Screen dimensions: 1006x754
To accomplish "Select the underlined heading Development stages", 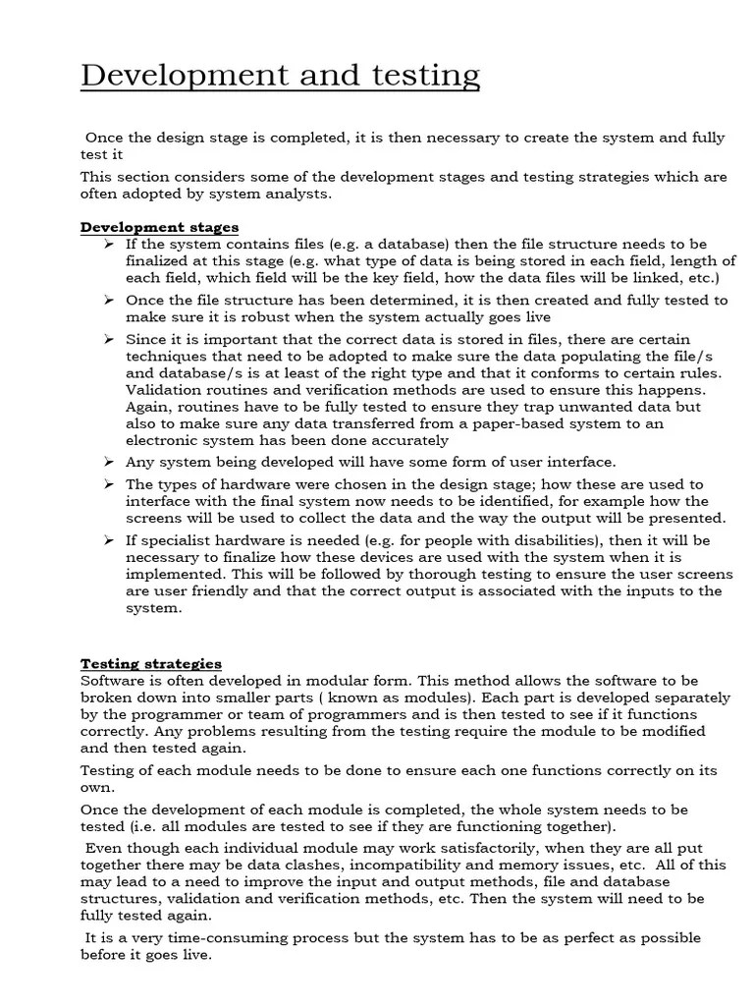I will point(159,227).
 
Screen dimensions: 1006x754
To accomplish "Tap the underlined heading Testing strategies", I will point(150,663).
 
